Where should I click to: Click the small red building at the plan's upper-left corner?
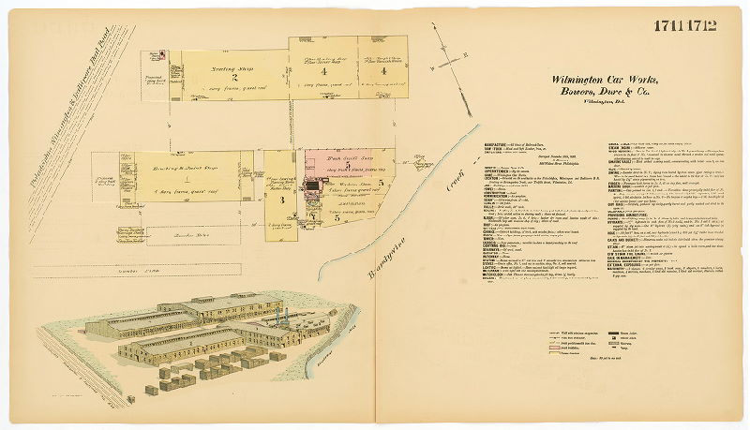pyautogui.click(x=162, y=56)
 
